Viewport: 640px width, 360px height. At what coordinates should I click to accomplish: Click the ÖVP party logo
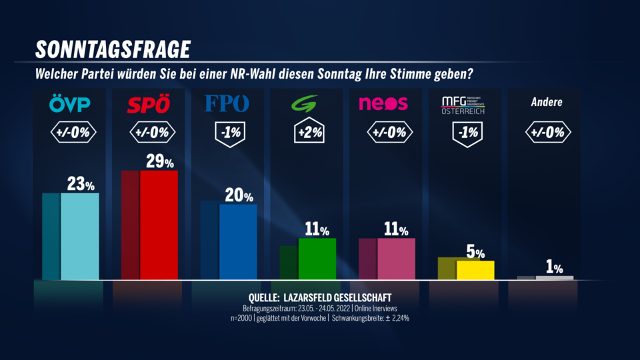[x=70, y=104]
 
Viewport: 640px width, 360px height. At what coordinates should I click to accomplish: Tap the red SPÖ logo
[x=149, y=105]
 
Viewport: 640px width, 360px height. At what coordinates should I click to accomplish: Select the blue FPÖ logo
[x=228, y=104]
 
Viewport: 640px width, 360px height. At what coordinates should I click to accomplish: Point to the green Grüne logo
[x=307, y=105]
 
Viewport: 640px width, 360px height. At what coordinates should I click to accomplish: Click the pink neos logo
[x=383, y=104]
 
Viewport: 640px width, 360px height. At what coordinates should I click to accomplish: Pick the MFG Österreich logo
[x=463, y=105]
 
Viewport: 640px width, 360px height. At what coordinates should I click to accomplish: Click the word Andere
[x=547, y=103]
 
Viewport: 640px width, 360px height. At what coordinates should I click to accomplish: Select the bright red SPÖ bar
[x=159, y=225]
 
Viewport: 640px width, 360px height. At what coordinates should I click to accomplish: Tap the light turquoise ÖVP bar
[x=80, y=236]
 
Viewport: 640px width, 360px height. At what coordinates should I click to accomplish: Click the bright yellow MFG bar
[x=475, y=269]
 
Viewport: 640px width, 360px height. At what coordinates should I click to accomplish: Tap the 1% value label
[x=555, y=268]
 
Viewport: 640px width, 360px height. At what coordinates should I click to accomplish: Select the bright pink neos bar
[x=397, y=258]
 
